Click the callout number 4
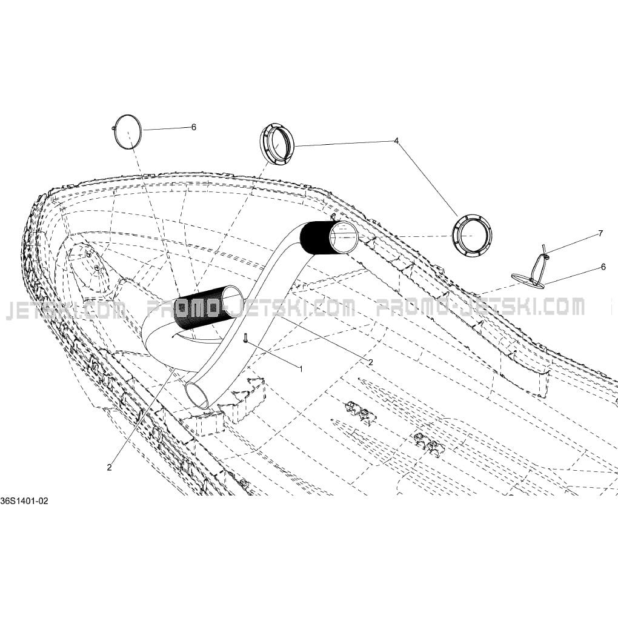(396, 141)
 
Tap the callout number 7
(600, 233)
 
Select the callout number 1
(301, 370)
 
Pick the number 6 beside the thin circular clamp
(193, 127)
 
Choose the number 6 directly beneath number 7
(603, 267)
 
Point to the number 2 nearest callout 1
(370, 362)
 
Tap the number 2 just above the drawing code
(109, 468)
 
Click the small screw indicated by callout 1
(245, 337)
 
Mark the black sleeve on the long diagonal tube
(314, 238)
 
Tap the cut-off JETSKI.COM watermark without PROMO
(65, 310)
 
